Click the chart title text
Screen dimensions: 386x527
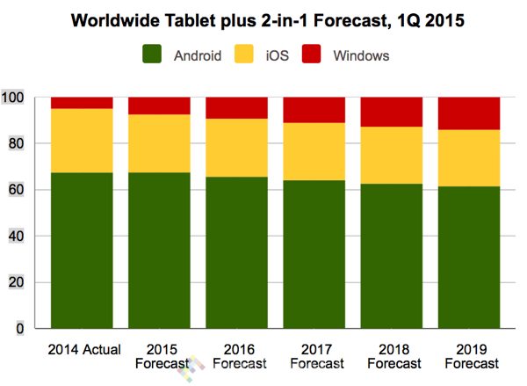pyautogui.click(x=263, y=18)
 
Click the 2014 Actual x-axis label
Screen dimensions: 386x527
pyautogui.click(x=82, y=347)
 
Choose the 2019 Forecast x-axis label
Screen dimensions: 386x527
pyautogui.click(x=469, y=354)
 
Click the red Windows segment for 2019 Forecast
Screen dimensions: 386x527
pyautogui.click(x=469, y=113)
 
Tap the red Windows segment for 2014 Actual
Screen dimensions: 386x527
pyautogui.click(x=82, y=102)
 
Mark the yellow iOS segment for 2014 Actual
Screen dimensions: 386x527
pyautogui.click(x=82, y=141)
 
